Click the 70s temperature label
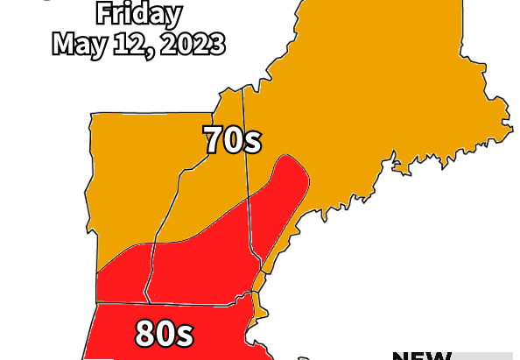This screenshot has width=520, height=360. [x=233, y=140]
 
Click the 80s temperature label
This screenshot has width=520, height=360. [x=164, y=334]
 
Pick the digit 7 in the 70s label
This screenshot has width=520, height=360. [x=215, y=140]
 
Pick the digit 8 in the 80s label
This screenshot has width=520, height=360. [x=146, y=334]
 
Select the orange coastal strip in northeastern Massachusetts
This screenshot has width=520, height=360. [x=257, y=307]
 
